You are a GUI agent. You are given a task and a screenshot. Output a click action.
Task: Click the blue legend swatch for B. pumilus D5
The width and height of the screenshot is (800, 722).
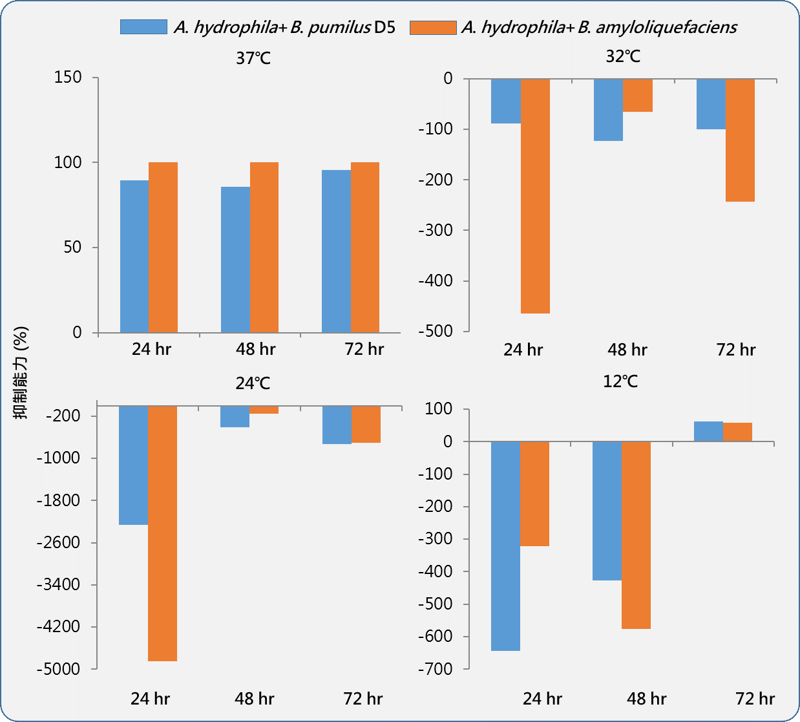coord(143,27)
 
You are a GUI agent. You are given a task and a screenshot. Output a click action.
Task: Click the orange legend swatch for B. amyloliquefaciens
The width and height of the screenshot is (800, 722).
coord(432,27)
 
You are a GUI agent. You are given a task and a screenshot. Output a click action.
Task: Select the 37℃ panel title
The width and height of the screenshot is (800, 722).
coord(253,59)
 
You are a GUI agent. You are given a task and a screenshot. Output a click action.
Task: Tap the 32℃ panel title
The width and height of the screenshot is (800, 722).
coord(623,57)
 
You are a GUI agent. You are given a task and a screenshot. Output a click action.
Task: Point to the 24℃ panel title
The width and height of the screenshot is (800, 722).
coord(253,384)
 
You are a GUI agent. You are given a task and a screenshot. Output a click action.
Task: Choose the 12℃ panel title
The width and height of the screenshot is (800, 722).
coord(620,381)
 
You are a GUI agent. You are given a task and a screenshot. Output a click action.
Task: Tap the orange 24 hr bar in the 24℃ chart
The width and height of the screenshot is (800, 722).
coord(162,533)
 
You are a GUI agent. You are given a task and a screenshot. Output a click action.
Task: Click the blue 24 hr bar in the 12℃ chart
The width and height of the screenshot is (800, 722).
coord(505,546)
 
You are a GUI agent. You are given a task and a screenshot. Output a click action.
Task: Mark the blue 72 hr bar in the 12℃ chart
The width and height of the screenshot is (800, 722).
coord(708,432)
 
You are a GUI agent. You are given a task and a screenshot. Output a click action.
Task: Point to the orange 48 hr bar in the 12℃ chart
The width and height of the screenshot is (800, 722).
coord(636,535)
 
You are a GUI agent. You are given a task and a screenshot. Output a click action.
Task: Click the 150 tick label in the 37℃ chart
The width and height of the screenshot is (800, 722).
coord(68,78)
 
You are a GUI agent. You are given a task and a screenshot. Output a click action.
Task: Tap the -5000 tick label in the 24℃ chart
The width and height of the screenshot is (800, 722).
coord(58,669)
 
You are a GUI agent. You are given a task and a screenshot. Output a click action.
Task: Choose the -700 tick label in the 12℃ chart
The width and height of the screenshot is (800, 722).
coord(435,669)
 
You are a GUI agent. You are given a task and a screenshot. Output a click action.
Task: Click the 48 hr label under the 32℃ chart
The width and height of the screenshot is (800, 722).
coord(627,350)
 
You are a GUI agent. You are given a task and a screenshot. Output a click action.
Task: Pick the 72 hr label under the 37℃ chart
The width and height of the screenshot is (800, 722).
coord(364,349)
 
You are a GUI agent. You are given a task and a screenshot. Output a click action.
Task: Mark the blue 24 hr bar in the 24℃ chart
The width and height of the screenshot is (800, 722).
coord(133,465)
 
